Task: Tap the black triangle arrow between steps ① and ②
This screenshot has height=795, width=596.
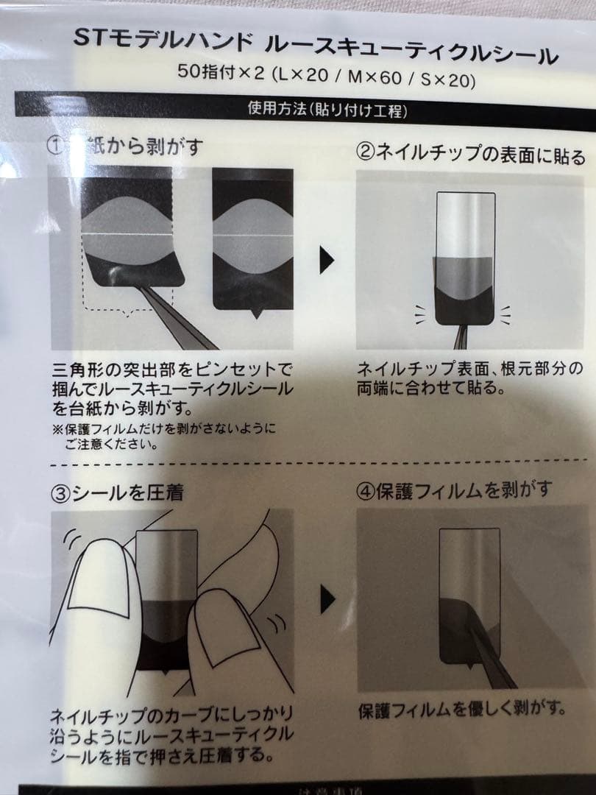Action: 326,260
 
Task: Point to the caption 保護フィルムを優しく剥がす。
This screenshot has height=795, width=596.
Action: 462,711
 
